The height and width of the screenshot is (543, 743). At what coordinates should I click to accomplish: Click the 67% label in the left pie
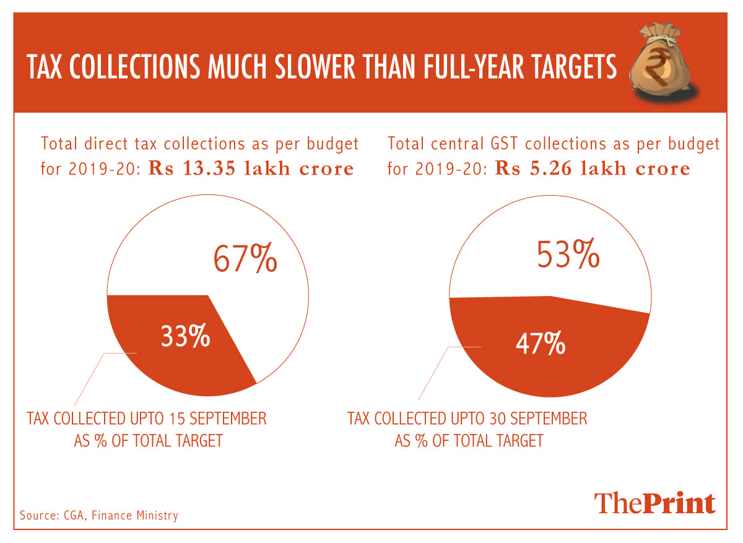pos(245,259)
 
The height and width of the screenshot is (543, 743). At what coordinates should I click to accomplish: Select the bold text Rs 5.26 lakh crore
pos(593,168)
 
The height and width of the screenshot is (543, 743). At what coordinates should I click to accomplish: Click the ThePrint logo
pos(655,503)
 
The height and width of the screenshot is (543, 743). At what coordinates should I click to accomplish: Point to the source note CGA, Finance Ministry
pos(99,515)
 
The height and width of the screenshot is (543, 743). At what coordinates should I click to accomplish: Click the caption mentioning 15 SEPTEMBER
pos(147,419)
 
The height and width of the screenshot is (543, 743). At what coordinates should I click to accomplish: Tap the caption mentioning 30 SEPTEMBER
pos(467,419)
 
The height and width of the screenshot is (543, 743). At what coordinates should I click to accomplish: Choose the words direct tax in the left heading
pos(120,144)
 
